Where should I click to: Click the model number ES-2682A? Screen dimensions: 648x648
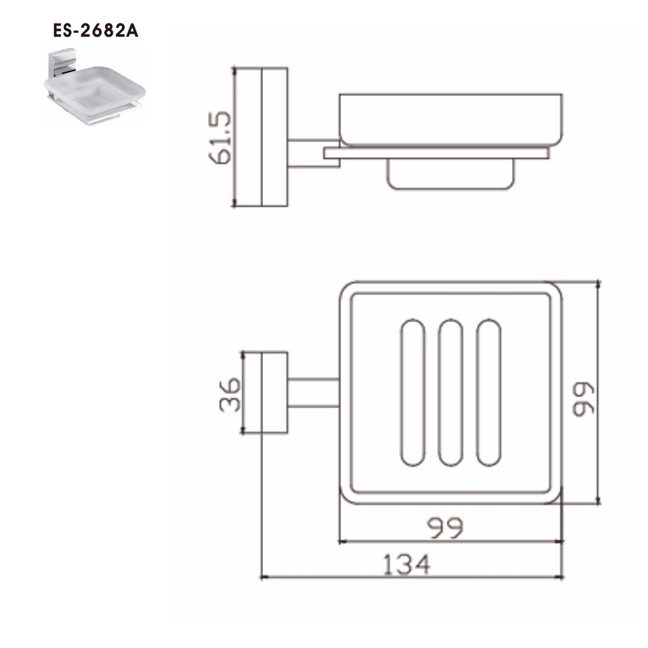(x=96, y=32)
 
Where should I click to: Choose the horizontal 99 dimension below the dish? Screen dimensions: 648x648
(x=446, y=529)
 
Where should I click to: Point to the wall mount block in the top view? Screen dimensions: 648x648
(x=274, y=393)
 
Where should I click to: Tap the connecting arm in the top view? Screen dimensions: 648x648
(x=313, y=393)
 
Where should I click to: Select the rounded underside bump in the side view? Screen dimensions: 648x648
(x=450, y=174)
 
